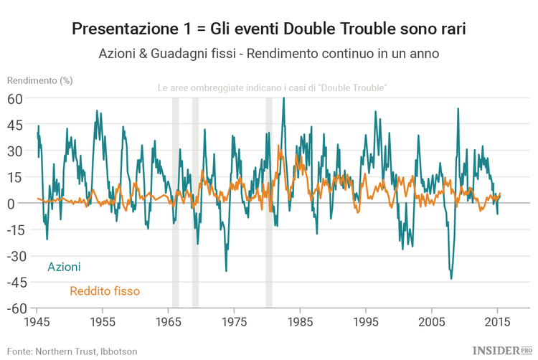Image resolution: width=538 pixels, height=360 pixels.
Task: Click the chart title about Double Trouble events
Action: [269, 29]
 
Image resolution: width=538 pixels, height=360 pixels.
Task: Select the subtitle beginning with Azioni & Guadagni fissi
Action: [269, 54]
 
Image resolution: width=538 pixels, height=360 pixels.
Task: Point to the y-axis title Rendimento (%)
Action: [39, 80]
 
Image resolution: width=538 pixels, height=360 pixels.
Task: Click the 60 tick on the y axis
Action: [16, 98]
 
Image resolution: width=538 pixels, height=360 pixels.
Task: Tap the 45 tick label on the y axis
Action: [16, 125]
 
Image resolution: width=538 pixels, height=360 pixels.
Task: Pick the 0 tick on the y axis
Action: [20, 204]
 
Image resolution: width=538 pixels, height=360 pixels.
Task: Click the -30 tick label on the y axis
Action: [13, 256]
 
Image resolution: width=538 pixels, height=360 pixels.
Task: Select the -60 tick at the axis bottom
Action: [13, 308]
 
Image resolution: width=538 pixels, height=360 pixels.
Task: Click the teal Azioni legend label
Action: [64, 267]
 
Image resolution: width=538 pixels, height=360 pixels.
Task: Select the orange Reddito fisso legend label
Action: [105, 291]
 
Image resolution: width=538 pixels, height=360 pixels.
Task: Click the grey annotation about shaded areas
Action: [273, 88]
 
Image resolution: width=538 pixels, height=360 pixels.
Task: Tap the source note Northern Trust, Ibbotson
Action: [72, 351]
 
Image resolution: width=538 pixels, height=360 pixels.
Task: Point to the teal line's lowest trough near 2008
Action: [451, 278]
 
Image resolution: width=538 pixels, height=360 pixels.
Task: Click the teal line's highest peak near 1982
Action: [283, 98]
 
